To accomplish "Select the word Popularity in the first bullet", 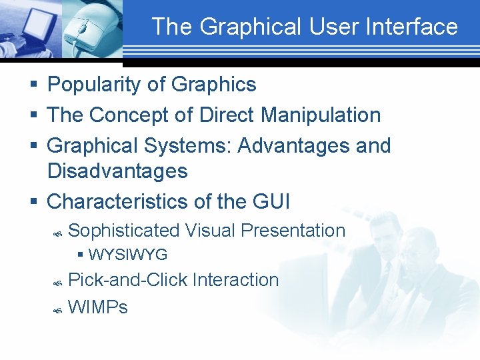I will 88,85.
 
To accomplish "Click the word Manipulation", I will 321,115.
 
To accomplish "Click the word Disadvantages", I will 117,171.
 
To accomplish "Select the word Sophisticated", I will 124,231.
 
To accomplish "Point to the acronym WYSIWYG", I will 127,255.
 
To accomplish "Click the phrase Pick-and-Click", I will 128,280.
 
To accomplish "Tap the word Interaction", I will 235,280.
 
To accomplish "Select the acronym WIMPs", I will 97,307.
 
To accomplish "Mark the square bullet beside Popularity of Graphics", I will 33,85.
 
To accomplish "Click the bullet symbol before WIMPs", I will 57,309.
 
